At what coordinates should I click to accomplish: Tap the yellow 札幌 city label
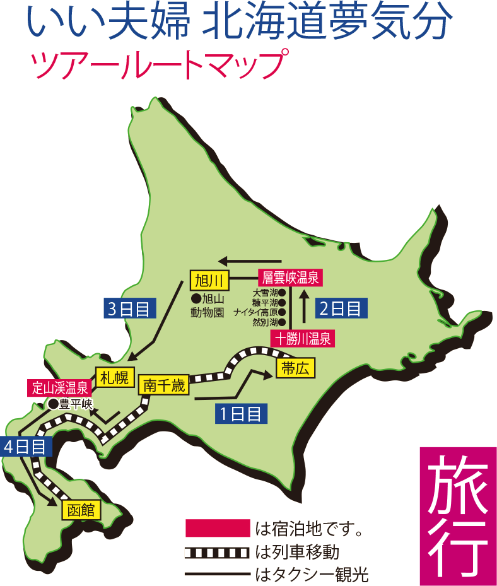[113, 378]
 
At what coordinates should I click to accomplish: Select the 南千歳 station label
[164, 385]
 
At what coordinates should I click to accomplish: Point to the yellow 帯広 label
[295, 369]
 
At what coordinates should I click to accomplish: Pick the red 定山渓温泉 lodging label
[61, 387]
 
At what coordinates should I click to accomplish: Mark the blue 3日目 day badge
[129, 309]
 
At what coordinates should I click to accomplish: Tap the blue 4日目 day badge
[25, 447]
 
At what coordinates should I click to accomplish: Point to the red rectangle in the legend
[218, 527]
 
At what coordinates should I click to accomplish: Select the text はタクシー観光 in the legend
[312, 575]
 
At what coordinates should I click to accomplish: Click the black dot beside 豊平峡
[54, 404]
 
